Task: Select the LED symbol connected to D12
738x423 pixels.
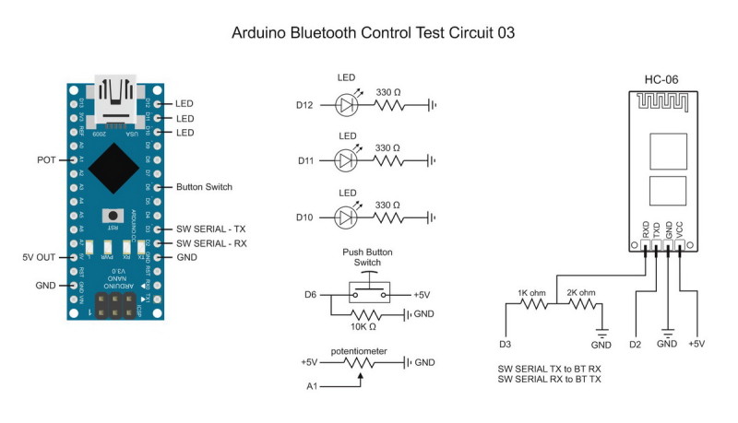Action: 347,105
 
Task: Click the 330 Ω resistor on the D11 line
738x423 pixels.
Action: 387,161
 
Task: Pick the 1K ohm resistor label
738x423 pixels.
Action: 532,292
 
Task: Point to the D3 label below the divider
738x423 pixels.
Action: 505,345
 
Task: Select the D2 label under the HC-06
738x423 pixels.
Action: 635,345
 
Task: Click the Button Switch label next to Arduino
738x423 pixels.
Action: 204,186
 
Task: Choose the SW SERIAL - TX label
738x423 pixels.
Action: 210,228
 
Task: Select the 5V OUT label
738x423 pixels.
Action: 39,257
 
